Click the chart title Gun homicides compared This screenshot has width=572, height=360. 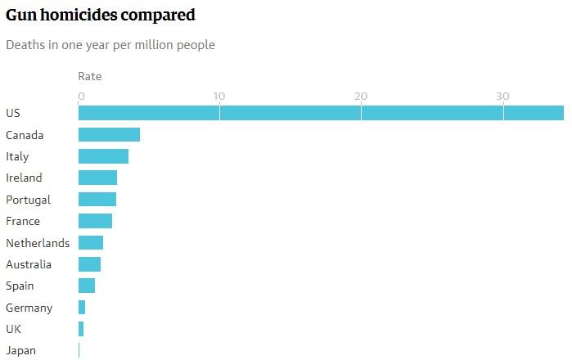pos(101,14)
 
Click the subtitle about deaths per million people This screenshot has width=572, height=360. pos(110,45)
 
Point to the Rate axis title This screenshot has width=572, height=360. pos(90,77)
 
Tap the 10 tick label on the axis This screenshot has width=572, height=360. pos(218,97)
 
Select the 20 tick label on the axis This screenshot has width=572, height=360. pos(360,97)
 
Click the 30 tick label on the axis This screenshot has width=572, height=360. pos(502,97)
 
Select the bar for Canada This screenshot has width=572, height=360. pos(109,135)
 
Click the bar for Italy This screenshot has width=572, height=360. pos(103,156)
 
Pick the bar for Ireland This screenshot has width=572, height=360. pos(97,178)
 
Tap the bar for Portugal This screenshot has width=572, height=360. pos(97,200)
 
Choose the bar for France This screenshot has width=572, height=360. pos(95,221)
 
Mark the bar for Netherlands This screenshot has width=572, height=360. pos(91,242)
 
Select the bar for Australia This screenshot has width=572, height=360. pos(89,264)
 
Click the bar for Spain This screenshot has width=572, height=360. pos(87,286)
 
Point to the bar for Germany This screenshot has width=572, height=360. pos(82,308)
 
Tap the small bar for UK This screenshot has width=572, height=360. pos(81,329)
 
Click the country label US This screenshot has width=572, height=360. pos(12,113)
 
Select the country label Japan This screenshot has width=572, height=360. pos(20,351)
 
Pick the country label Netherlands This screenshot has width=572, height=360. pos(38,243)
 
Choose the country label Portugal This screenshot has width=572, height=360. pos(28,200)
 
